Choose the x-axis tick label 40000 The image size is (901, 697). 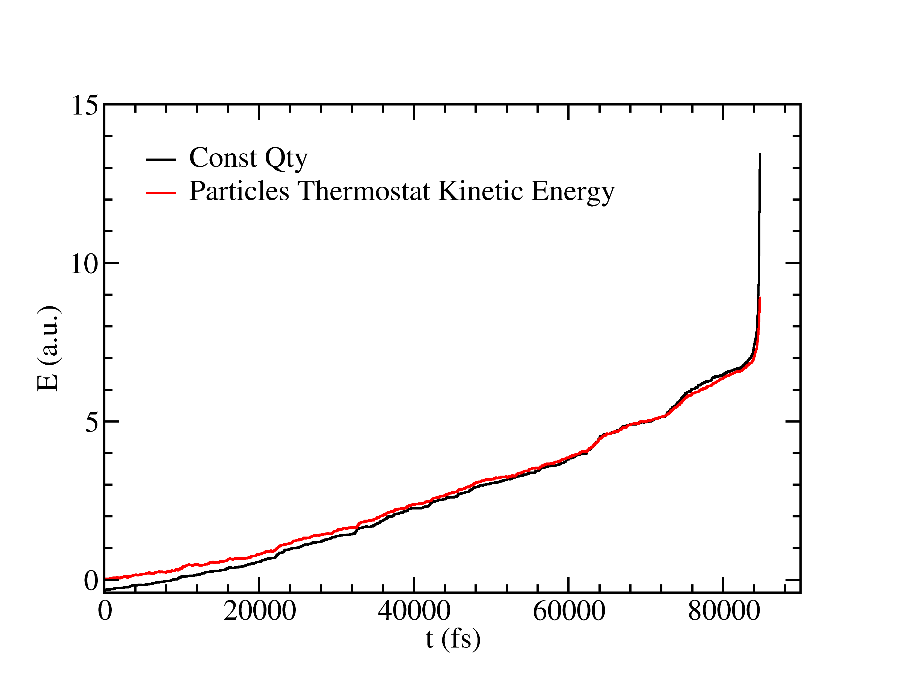(x=414, y=611)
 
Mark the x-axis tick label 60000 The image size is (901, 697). (x=569, y=611)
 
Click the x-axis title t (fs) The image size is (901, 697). (x=453, y=639)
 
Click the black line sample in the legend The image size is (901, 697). (x=161, y=159)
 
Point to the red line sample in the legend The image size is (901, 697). (x=161, y=192)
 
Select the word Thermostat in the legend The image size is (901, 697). (x=364, y=191)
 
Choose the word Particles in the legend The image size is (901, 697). (x=239, y=191)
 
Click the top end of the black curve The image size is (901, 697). (x=760, y=154)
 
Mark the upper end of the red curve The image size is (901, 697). (x=760, y=297)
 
